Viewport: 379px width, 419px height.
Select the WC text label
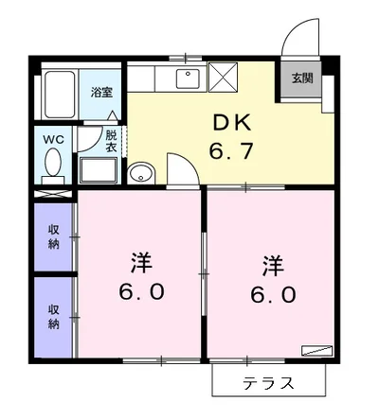click(52, 138)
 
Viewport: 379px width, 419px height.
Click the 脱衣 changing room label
click(112, 141)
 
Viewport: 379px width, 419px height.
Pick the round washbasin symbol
click(141, 173)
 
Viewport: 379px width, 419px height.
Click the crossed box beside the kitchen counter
click(225, 77)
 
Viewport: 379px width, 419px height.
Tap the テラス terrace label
click(267, 384)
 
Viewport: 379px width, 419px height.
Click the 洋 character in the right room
click(273, 263)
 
